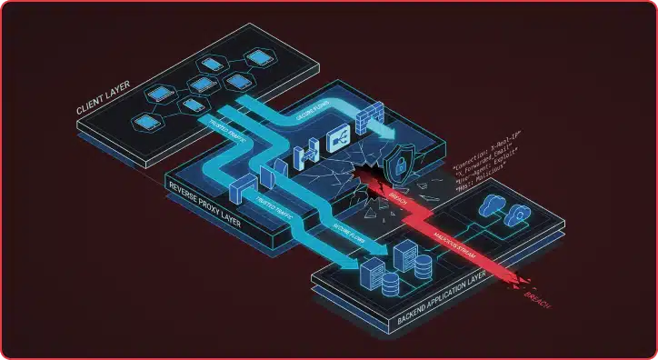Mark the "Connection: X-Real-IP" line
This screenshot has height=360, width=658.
pos(483,154)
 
